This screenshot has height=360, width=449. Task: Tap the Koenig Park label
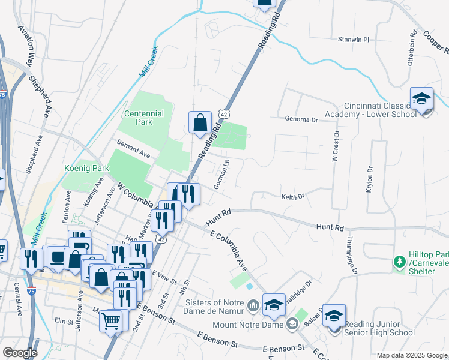[85, 169]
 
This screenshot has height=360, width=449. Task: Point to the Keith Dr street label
[293, 196]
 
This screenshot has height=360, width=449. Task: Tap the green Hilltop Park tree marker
[399, 262]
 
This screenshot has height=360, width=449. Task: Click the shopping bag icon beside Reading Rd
[200, 122]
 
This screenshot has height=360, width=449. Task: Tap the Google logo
[20, 352]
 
